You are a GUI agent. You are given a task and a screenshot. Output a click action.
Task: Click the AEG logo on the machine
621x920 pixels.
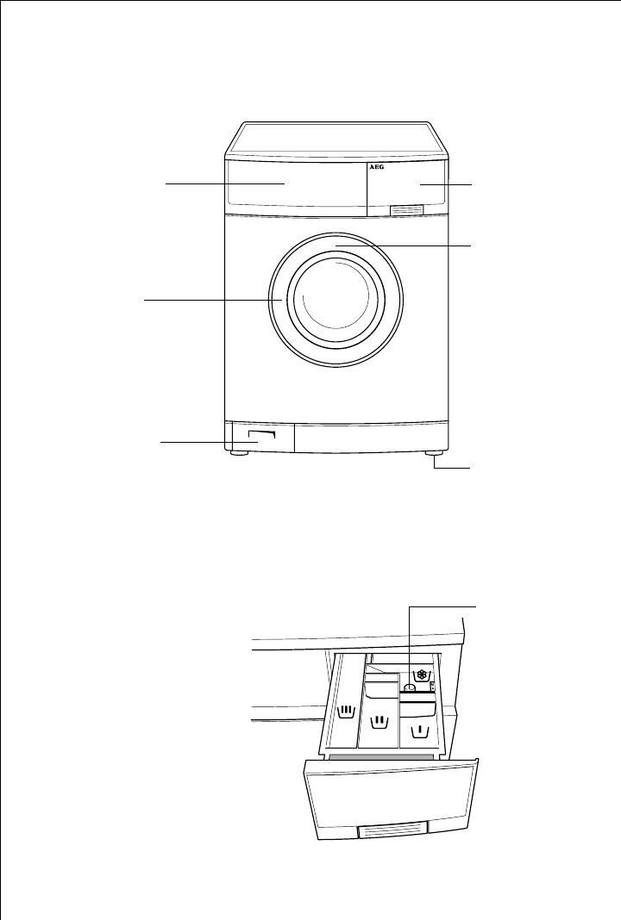click(376, 170)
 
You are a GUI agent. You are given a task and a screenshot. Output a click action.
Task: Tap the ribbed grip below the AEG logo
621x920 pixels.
click(406, 208)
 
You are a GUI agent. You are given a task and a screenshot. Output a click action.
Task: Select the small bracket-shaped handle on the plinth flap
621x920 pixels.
click(263, 438)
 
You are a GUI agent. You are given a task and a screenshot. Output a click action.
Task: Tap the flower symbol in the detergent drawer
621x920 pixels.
click(422, 675)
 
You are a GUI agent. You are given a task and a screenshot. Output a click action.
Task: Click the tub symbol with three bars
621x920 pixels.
click(347, 712)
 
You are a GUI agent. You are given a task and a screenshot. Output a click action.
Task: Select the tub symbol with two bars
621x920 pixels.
click(378, 719)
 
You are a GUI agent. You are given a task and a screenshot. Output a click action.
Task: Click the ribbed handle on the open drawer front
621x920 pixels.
click(393, 830)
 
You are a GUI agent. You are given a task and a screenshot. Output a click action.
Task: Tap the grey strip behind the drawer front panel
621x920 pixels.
click(379, 755)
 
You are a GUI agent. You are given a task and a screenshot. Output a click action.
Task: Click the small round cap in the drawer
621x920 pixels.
click(411, 688)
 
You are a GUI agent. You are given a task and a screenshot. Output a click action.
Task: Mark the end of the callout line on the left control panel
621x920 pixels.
click(285, 183)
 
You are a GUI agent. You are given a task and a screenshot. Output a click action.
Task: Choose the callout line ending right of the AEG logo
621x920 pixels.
click(421, 184)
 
